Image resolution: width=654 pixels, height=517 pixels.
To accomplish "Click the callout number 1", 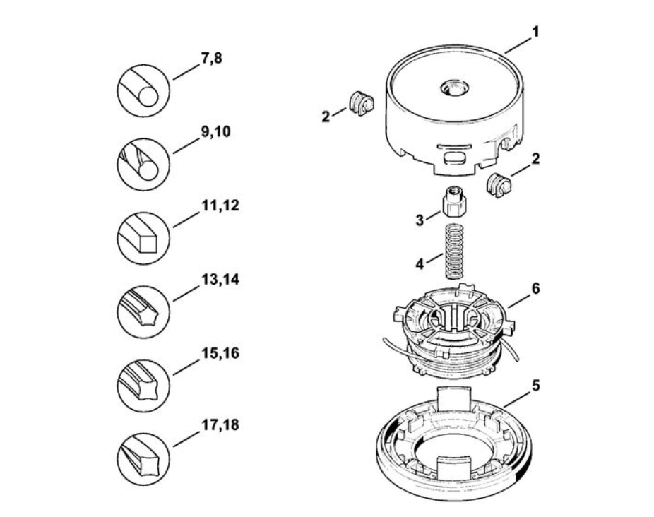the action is (x=535, y=32).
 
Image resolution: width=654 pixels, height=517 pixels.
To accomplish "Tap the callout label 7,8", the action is (x=211, y=59).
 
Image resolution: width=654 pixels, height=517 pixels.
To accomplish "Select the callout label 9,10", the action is (x=215, y=132).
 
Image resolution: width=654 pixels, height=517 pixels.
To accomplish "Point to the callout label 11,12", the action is (x=220, y=206).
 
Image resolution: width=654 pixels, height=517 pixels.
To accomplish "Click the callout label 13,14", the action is (x=220, y=279).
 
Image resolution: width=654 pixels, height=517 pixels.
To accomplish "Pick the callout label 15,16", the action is (x=220, y=353).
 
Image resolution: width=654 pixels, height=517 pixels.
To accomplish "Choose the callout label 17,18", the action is (x=220, y=425).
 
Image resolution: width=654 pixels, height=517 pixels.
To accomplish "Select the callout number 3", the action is (x=420, y=220).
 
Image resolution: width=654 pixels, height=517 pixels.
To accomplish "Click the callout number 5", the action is (x=535, y=385).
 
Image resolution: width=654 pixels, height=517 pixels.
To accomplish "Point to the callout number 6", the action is (x=535, y=288).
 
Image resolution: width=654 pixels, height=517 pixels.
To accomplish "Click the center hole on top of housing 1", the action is (x=455, y=88).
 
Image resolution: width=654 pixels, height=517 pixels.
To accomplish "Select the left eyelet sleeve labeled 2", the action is (x=361, y=103).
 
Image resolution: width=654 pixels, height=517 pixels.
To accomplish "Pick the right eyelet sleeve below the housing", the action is (x=499, y=185).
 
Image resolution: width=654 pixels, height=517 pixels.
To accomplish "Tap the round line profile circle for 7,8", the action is (x=143, y=90).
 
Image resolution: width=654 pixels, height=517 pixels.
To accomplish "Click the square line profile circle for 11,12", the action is (x=143, y=238).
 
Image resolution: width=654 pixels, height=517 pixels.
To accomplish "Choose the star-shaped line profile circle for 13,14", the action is (x=143, y=312).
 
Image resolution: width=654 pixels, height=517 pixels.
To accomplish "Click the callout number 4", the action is (x=420, y=263).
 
